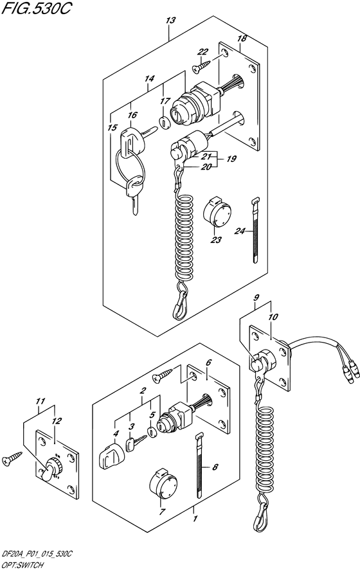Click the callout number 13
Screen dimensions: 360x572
[170, 21]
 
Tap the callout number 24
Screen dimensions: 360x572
[240, 231]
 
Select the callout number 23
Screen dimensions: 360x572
[216, 240]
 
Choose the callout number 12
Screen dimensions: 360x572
[57, 420]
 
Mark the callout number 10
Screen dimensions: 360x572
[273, 317]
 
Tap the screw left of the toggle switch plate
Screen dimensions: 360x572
[12, 458]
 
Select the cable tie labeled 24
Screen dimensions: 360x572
[255, 230]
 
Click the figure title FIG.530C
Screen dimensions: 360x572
[36, 10]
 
